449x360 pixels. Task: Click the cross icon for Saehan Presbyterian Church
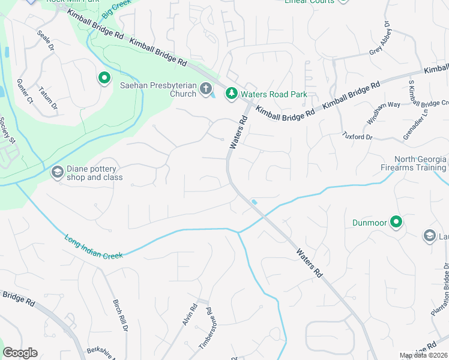[x=206, y=89]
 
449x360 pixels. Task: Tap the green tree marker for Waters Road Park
[x=231, y=94]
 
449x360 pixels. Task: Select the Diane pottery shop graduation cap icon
[x=57, y=173]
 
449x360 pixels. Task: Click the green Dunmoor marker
[x=396, y=223]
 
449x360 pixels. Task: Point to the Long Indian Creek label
[x=94, y=248]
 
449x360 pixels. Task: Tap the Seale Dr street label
[x=45, y=41]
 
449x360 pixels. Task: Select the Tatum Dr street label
[x=48, y=98]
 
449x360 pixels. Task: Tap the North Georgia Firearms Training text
[x=420, y=163]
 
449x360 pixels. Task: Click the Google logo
[x=20, y=353]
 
